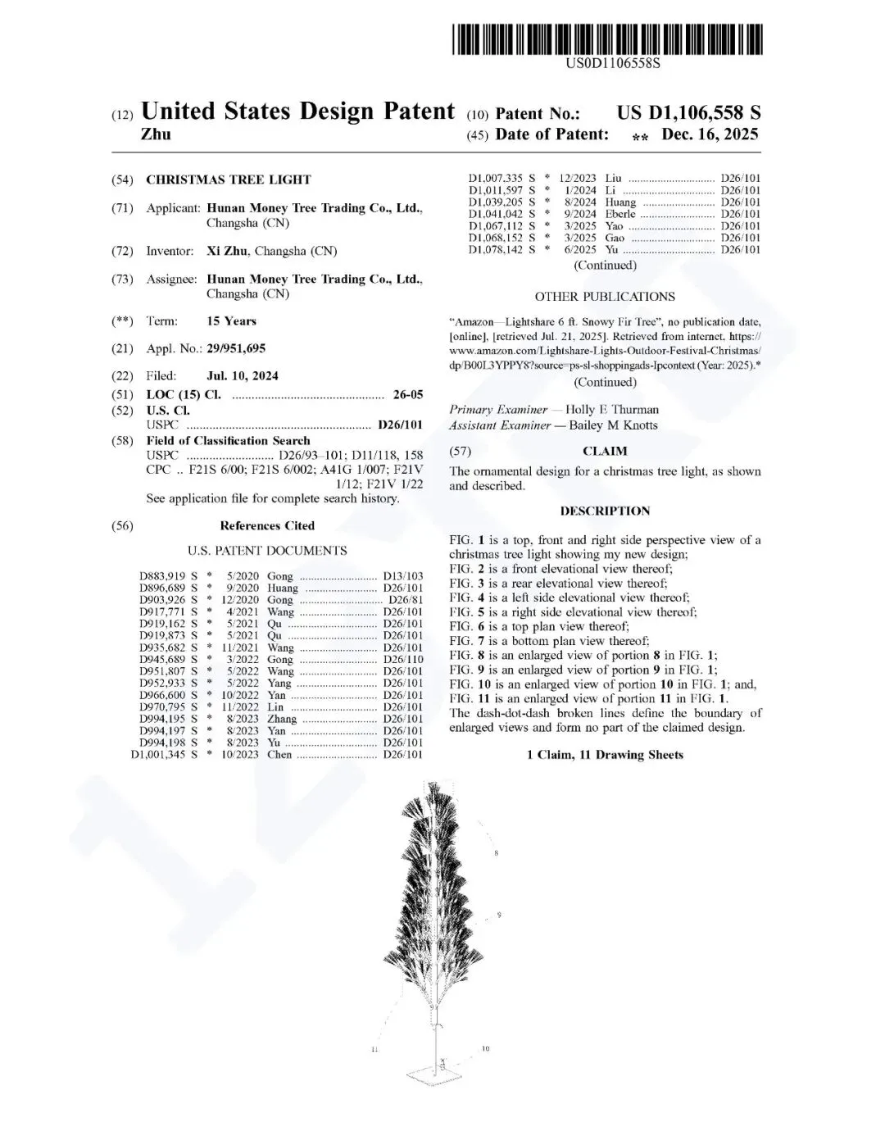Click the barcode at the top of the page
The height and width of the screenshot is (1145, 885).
(x=606, y=39)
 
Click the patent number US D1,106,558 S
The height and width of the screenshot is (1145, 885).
(x=688, y=113)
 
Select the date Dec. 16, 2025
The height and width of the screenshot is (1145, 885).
(x=710, y=134)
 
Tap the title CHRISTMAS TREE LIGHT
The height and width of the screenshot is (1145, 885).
(x=229, y=179)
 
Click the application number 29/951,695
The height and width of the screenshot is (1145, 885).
(x=236, y=348)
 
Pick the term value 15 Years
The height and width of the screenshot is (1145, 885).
(x=231, y=320)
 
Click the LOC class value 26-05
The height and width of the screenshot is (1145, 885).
(x=408, y=394)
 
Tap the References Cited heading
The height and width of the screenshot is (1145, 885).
(x=267, y=525)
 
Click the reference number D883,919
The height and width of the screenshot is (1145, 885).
(x=162, y=576)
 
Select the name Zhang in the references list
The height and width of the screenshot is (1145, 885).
(x=282, y=719)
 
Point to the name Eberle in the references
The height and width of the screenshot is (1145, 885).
(x=620, y=214)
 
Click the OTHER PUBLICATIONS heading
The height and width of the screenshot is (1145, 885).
(x=605, y=297)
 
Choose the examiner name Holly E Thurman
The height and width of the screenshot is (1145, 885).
(x=611, y=410)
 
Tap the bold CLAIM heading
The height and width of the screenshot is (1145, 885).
(x=605, y=451)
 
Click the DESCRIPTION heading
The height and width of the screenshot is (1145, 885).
(x=605, y=511)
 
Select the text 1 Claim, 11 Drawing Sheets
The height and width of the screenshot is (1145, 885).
(x=605, y=755)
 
